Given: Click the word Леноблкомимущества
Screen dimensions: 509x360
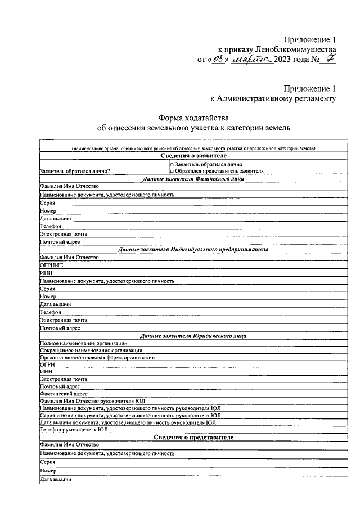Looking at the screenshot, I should pos(296,49).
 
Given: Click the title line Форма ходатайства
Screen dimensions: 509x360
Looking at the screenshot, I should pos(193,118).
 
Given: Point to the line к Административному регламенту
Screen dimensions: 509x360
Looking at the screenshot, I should pos(273,99).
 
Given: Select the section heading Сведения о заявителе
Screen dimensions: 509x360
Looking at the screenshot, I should pos(193,156).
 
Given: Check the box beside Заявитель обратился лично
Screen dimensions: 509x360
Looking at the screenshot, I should pos(172,164).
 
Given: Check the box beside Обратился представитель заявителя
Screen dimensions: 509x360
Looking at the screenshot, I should pos(172,170).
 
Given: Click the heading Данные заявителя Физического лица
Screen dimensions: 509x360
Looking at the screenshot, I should pos(193,178).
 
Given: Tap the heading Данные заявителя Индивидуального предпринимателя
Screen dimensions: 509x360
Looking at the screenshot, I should pos(193,249).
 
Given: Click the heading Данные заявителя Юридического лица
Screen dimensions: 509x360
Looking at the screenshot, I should pos(193,336).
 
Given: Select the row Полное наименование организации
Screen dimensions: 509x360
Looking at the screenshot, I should pos(83,343).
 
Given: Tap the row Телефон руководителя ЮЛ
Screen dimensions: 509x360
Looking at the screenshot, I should pos(73,430).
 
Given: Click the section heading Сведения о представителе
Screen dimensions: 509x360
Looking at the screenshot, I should pos(193,437).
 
